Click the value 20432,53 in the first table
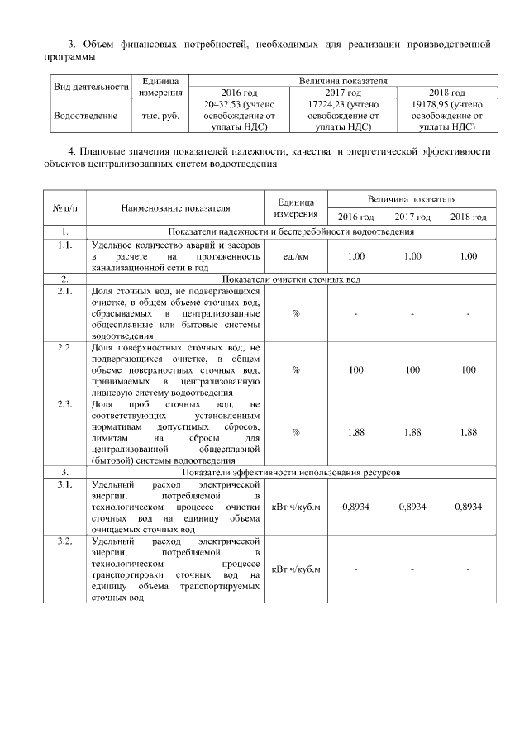229,105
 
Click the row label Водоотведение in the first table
85,116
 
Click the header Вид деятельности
91,87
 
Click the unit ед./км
295,256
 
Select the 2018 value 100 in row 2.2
468,369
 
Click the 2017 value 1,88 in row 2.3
412,431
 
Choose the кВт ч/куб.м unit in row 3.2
295,569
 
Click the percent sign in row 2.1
295,313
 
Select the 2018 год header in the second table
468,217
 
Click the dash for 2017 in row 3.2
412,569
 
